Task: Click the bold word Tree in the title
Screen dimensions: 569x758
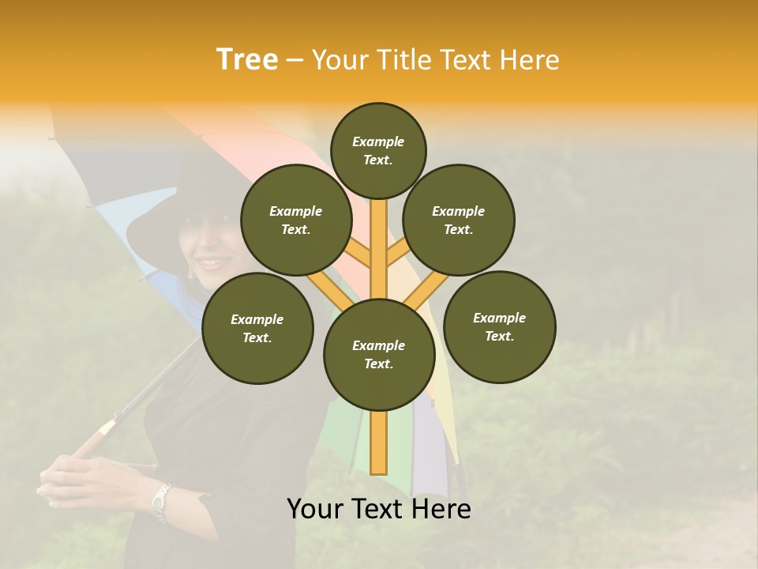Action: point(247,59)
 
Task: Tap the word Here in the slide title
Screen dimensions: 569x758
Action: point(528,60)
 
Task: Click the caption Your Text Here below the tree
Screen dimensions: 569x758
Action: point(378,509)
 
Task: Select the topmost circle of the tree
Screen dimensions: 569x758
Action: point(378,150)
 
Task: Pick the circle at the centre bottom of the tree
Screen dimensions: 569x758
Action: point(379,354)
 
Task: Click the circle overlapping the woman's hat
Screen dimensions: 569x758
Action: point(296,220)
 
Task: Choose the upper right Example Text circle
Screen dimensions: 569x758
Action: point(459,220)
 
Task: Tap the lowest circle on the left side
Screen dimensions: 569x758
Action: point(257,328)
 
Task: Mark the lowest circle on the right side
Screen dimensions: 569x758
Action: point(499,326)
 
